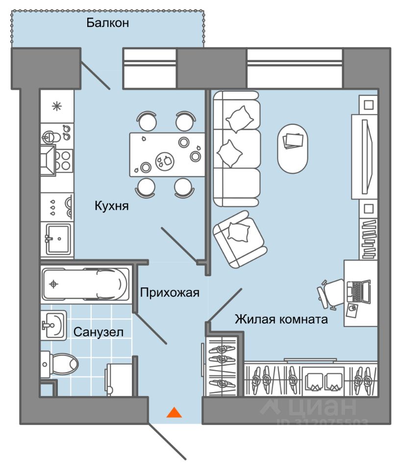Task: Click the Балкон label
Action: point(107,23)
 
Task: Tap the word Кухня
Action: point(112,206)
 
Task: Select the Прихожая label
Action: point(170,293)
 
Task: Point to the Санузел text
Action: point(99,332)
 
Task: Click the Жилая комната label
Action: point(281,320)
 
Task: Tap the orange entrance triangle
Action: point(174,412)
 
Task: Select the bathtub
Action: point(84,284)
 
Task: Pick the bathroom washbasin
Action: point(53,325)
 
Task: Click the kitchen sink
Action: point(58,239)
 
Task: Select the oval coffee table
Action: point(293,148)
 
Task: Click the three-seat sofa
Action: point(236,149)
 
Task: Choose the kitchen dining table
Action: point(167,154)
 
